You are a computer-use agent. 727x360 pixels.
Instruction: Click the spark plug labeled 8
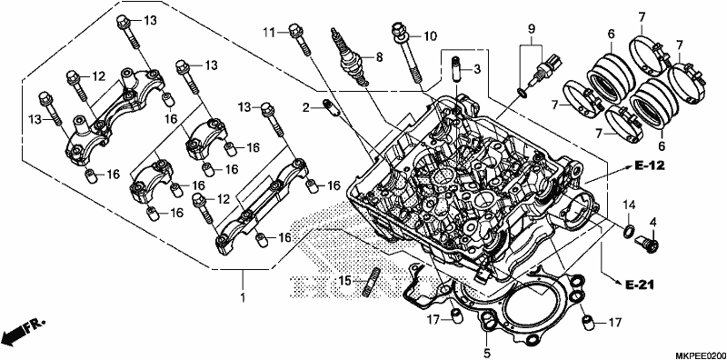349,57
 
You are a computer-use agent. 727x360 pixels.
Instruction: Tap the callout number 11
269,33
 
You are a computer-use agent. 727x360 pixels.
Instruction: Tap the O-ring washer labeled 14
629,231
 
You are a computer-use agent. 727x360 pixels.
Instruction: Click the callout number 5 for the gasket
487,354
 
